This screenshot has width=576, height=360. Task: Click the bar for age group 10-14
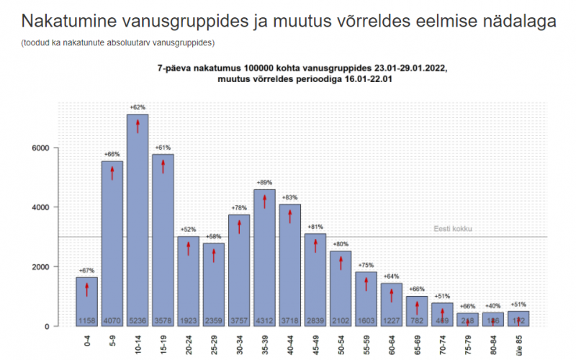coord(138,216)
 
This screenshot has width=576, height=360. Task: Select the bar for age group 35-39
coord(265,252)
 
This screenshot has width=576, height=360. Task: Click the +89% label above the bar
coord(265,183)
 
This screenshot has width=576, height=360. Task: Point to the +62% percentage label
coord(138,107)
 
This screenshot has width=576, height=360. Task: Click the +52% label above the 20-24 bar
coord(189,230)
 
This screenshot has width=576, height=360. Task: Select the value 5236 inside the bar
coord(138,320)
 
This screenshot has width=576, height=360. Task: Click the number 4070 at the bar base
coord(112,320)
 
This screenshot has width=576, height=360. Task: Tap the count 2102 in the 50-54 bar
coord(341,320)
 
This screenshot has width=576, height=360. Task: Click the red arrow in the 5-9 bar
coord(112,172)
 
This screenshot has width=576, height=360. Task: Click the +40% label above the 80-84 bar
coord(493,305)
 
